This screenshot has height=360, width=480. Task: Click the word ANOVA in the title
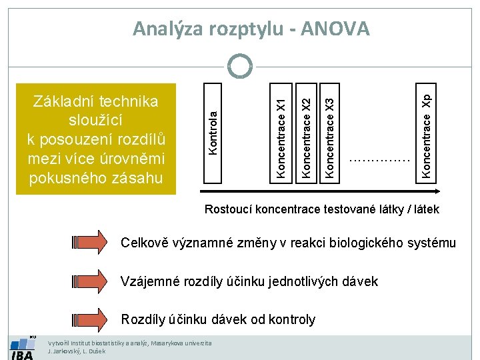click(335, 29)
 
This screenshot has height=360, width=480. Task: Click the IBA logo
click(22, 349)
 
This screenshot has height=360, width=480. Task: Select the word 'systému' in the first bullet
click(432, 243)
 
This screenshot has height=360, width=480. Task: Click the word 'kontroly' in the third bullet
click(291, 319)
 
